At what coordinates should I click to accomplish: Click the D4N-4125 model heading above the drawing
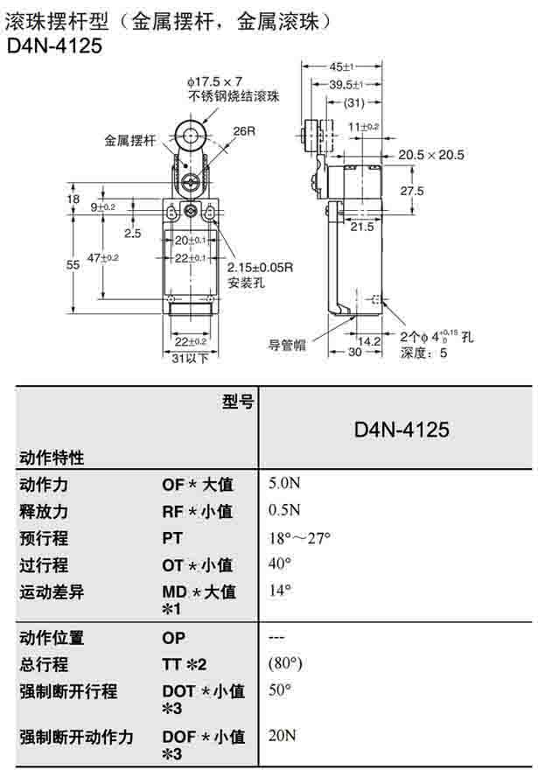pos(54,45)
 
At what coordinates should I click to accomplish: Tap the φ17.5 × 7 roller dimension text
pos(214,81)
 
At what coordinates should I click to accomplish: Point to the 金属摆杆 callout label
pos(129,139)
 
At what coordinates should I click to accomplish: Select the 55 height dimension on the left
pos(75,263)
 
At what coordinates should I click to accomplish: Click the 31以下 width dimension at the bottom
pos(189,358)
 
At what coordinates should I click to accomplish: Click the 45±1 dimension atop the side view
pos(339,66)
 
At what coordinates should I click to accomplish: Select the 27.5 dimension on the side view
pos(412,191)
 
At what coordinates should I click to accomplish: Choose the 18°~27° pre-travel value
pos(299,538)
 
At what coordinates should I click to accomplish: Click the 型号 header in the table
pos(237,402)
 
